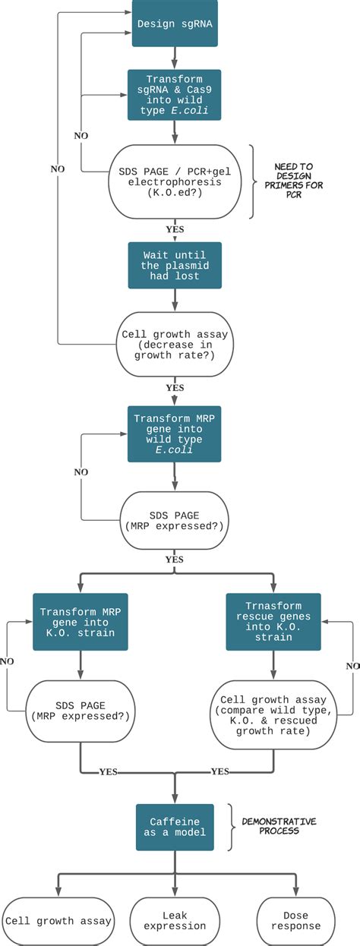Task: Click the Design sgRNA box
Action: coord(175,24)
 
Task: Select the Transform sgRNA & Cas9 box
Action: coord(175,94)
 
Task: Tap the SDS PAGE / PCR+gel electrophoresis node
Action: coord(175,182)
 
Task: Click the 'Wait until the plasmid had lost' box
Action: coord(175,266)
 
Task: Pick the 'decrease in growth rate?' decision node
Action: coord(175,342)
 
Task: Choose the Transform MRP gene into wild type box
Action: coord(175,433)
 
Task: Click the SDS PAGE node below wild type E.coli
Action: coord(175,519)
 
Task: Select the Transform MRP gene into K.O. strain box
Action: coord(79,621)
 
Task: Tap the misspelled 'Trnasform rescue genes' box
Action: coord(272,621)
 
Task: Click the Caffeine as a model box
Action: coord(175,828)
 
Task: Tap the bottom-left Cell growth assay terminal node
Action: coord(59,920)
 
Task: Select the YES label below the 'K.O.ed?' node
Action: coord(175,227)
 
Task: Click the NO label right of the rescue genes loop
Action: coord(352,665)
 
